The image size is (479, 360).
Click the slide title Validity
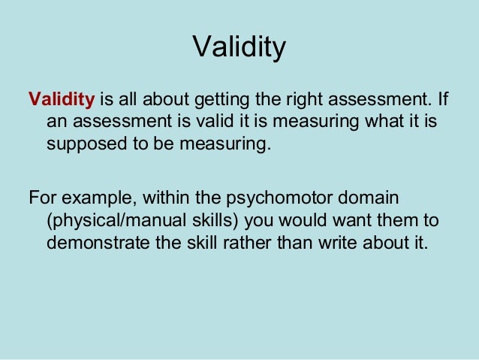[x=239, y=47]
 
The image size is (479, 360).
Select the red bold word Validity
[x=61, y=99]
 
